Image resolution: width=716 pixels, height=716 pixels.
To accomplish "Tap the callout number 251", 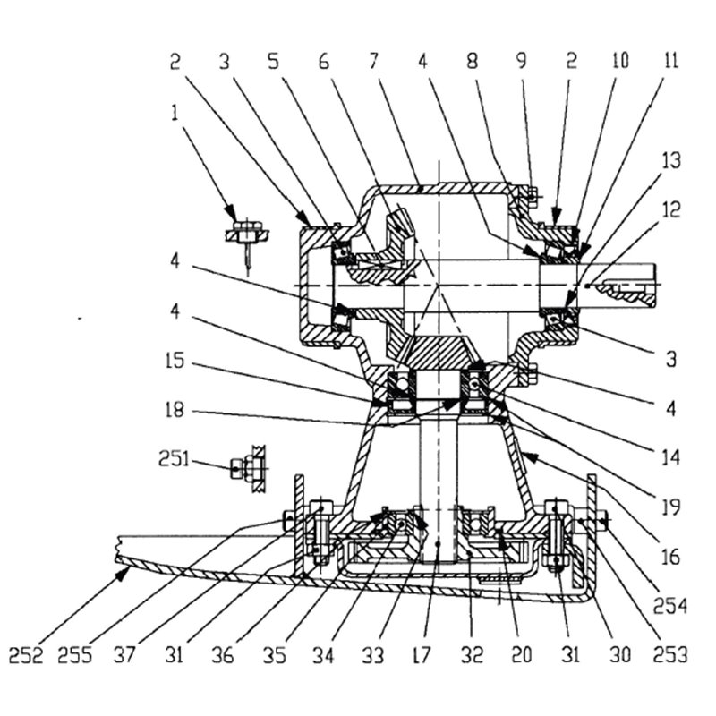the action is [x=174, y=458].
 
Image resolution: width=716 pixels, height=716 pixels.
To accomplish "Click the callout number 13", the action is [x=670, y=161].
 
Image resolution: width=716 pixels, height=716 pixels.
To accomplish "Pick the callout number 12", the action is [x=670, y=210].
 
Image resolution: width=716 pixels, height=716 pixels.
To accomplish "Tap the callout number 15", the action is [x=175, y=361].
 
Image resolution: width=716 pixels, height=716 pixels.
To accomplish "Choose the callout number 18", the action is [x=175, y=410].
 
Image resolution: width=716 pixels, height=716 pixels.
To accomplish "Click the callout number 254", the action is [x=670, y=607].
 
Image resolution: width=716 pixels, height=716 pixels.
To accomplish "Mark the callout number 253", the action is [x=670, y=655].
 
